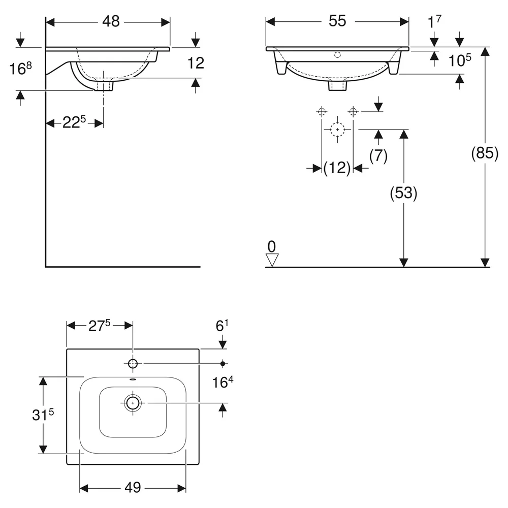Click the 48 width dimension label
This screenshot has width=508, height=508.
pos(111,22)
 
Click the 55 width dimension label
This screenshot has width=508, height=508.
pos(337,21)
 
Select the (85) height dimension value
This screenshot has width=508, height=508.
pos(485,153)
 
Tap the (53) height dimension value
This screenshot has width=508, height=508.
pos(403,193)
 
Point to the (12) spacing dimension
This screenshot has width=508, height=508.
pos(337,168)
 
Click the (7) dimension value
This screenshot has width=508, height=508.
pos(378,156)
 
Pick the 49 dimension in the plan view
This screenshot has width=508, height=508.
pos(133,487)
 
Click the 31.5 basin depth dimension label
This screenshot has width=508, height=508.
pos(43,415)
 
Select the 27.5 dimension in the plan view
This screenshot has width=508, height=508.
pos(100,325)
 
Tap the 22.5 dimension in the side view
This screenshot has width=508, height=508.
pos(74,122)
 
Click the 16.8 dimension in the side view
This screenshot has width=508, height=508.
pos(20,69)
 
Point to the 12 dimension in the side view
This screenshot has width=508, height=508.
pos(196,63)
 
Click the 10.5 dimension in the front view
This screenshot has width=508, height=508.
pos(460,60)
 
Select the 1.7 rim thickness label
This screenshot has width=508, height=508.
pos(434,21)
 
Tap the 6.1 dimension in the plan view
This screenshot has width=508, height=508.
pos(222,326)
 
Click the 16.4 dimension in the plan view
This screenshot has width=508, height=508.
pos(223,383)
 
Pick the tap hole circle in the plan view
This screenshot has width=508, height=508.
pos(133,364)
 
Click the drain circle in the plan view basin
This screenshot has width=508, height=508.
pos(133,403)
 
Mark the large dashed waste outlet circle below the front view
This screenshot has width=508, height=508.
pos(338,130)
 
